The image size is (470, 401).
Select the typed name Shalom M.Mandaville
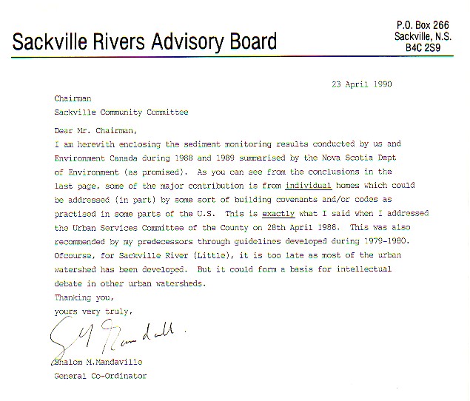coord(98,362)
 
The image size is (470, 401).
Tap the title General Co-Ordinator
coord(101,376)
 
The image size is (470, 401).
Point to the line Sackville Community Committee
coord(121,112)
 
